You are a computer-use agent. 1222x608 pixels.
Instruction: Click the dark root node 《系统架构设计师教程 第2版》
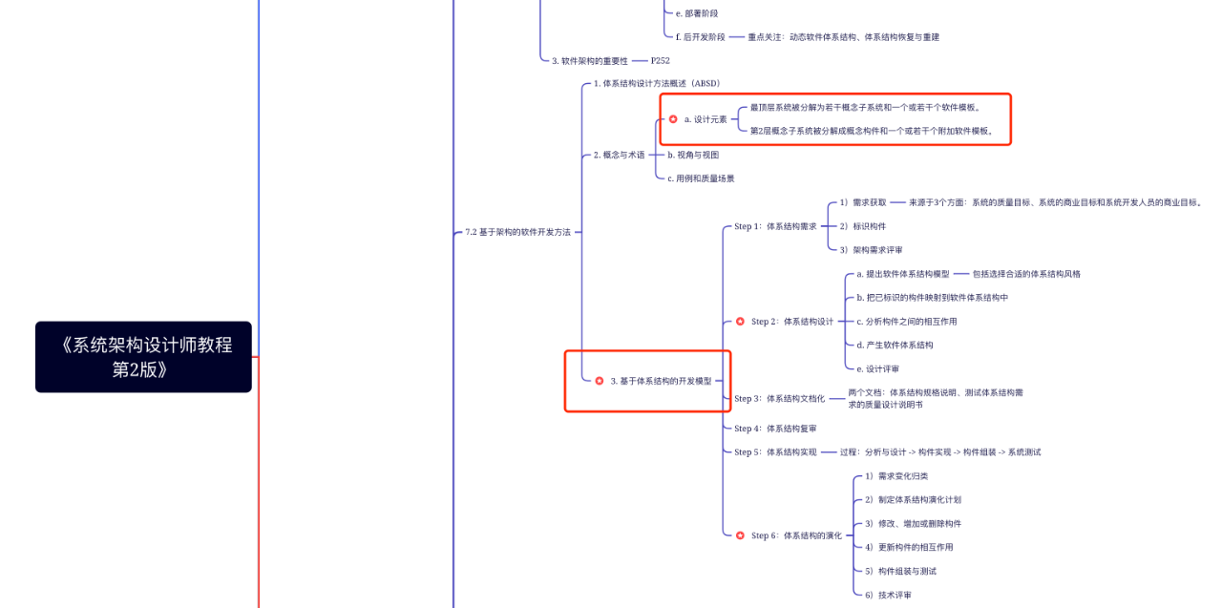(143, 356)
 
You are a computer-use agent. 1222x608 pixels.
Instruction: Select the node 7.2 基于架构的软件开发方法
(517, 232)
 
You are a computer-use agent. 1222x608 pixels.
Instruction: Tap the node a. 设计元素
(705, 119)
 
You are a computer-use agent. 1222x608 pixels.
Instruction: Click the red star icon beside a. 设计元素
(673, 119)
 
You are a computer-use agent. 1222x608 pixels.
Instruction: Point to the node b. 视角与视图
(692, 155)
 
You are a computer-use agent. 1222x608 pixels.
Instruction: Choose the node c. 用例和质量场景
(701, 178)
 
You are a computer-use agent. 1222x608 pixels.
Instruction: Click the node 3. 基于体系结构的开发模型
(661, 381)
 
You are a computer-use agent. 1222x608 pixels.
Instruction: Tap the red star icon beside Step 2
(740, 322)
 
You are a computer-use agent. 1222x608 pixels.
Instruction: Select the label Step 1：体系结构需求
(775, 226)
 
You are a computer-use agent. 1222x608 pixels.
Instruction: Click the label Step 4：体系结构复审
(775, 429)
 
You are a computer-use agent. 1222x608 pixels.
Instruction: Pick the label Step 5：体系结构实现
(775, 452)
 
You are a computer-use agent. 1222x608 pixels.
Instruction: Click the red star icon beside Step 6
(740, 535)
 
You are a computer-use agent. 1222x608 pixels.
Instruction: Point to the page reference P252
(660, 60)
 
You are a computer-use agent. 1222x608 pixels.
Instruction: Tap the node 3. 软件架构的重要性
(590, 60)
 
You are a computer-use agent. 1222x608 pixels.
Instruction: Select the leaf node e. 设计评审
(877, 368)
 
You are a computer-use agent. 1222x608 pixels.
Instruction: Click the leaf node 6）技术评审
(888, 595)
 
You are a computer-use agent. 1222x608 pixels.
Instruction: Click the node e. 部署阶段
(696, 13)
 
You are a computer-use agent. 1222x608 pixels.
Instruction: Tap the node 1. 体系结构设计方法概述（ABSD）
(656, 83)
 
